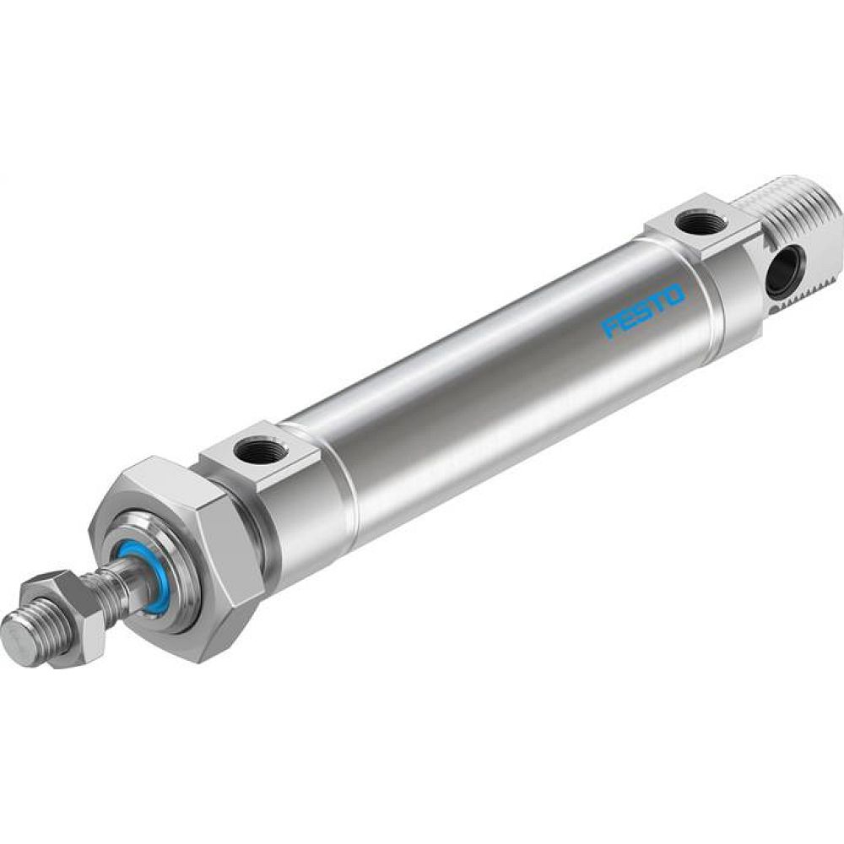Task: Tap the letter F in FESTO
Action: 609,329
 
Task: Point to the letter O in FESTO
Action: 673,294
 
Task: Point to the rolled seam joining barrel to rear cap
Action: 654,287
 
